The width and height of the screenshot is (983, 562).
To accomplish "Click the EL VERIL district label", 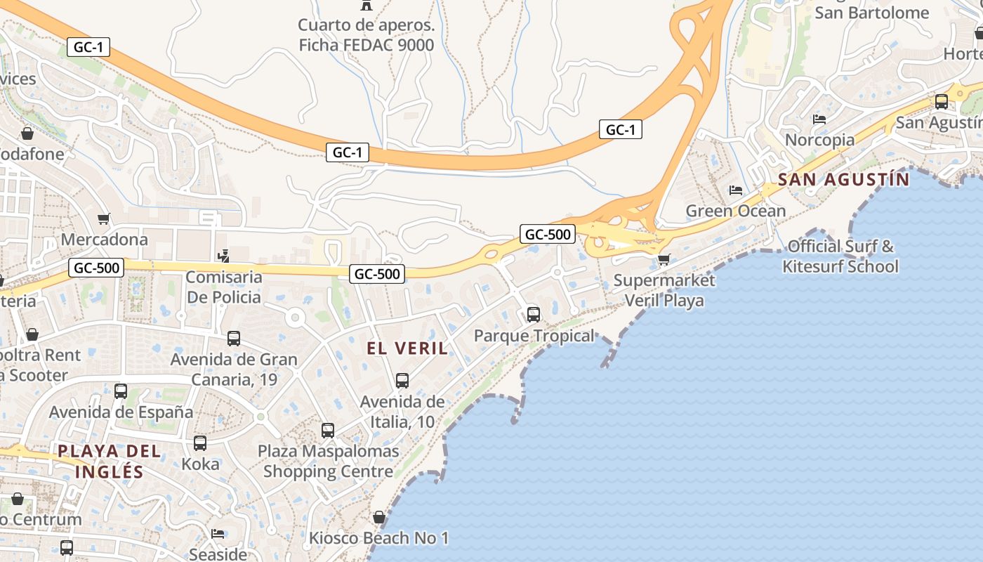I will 407,348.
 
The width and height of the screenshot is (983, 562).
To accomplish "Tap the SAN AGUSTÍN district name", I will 843,180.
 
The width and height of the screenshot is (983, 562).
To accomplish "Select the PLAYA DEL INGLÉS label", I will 110,461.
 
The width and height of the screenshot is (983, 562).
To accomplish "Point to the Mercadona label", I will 105,240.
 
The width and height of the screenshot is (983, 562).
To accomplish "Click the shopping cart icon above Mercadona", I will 104,219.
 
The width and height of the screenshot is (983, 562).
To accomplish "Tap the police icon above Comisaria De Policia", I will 224,256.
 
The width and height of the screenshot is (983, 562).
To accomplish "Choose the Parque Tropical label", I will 534,336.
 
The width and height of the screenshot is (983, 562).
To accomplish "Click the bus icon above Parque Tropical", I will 534,314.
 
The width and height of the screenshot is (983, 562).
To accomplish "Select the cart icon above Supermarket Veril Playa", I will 664,259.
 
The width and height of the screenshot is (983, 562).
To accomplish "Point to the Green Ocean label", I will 735,211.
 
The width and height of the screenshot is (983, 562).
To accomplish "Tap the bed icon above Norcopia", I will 819,119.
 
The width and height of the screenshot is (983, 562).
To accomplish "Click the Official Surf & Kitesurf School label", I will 840,256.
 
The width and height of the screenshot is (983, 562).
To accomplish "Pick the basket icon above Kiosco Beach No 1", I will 379,518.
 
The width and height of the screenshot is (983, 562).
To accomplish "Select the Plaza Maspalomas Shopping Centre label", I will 328,461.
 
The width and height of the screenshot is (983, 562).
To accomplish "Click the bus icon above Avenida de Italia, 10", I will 402,381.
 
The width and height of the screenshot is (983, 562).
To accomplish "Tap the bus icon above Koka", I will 200,443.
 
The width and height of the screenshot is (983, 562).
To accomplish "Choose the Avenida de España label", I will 121,412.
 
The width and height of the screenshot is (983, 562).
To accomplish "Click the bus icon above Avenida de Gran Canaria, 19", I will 234,339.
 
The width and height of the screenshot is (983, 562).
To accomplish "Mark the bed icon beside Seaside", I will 218,534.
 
